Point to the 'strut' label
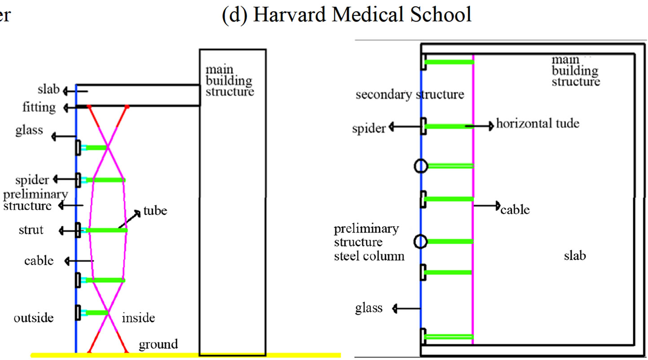31,230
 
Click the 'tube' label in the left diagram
155,211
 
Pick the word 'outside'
34,318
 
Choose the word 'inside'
138,318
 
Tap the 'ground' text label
158,344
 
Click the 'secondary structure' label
410,95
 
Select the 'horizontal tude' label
538,123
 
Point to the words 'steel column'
369,257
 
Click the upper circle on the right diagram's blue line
420,167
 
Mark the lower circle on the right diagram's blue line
420,242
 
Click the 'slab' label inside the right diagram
575,257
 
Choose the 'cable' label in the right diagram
515,210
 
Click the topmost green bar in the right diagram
449,62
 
